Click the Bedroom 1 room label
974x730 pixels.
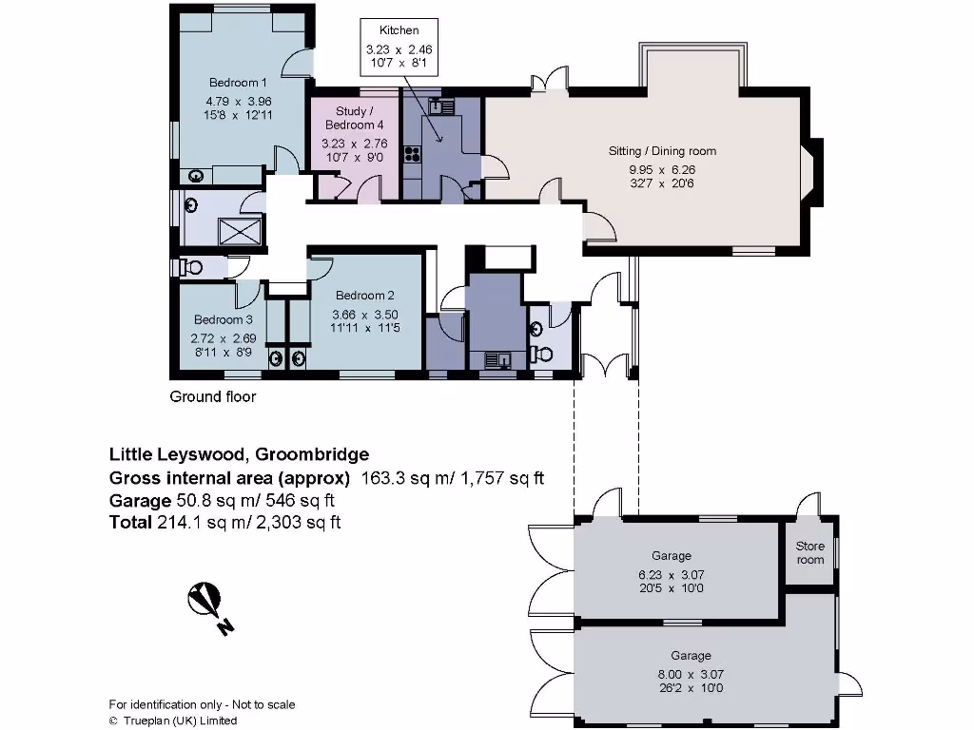[238, 83]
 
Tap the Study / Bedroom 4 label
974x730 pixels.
[355, 118]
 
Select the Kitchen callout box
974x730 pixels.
[399, 48]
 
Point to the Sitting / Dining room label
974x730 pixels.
[662, 151]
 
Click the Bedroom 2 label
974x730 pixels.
[365, 296]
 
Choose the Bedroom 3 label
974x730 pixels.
[223, 319]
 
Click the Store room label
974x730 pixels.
[810, 553]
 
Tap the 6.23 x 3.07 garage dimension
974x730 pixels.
[672, 575]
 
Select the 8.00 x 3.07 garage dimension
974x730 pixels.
[691, 674]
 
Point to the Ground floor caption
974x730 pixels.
[213, 396]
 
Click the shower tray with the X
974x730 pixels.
[240, 232]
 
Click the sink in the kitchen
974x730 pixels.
[441, 106]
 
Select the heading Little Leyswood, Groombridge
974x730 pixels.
[239, 454]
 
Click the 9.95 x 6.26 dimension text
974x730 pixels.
[662, 169]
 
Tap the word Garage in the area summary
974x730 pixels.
[140, 500]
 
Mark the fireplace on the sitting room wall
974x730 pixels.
[814, 172]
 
